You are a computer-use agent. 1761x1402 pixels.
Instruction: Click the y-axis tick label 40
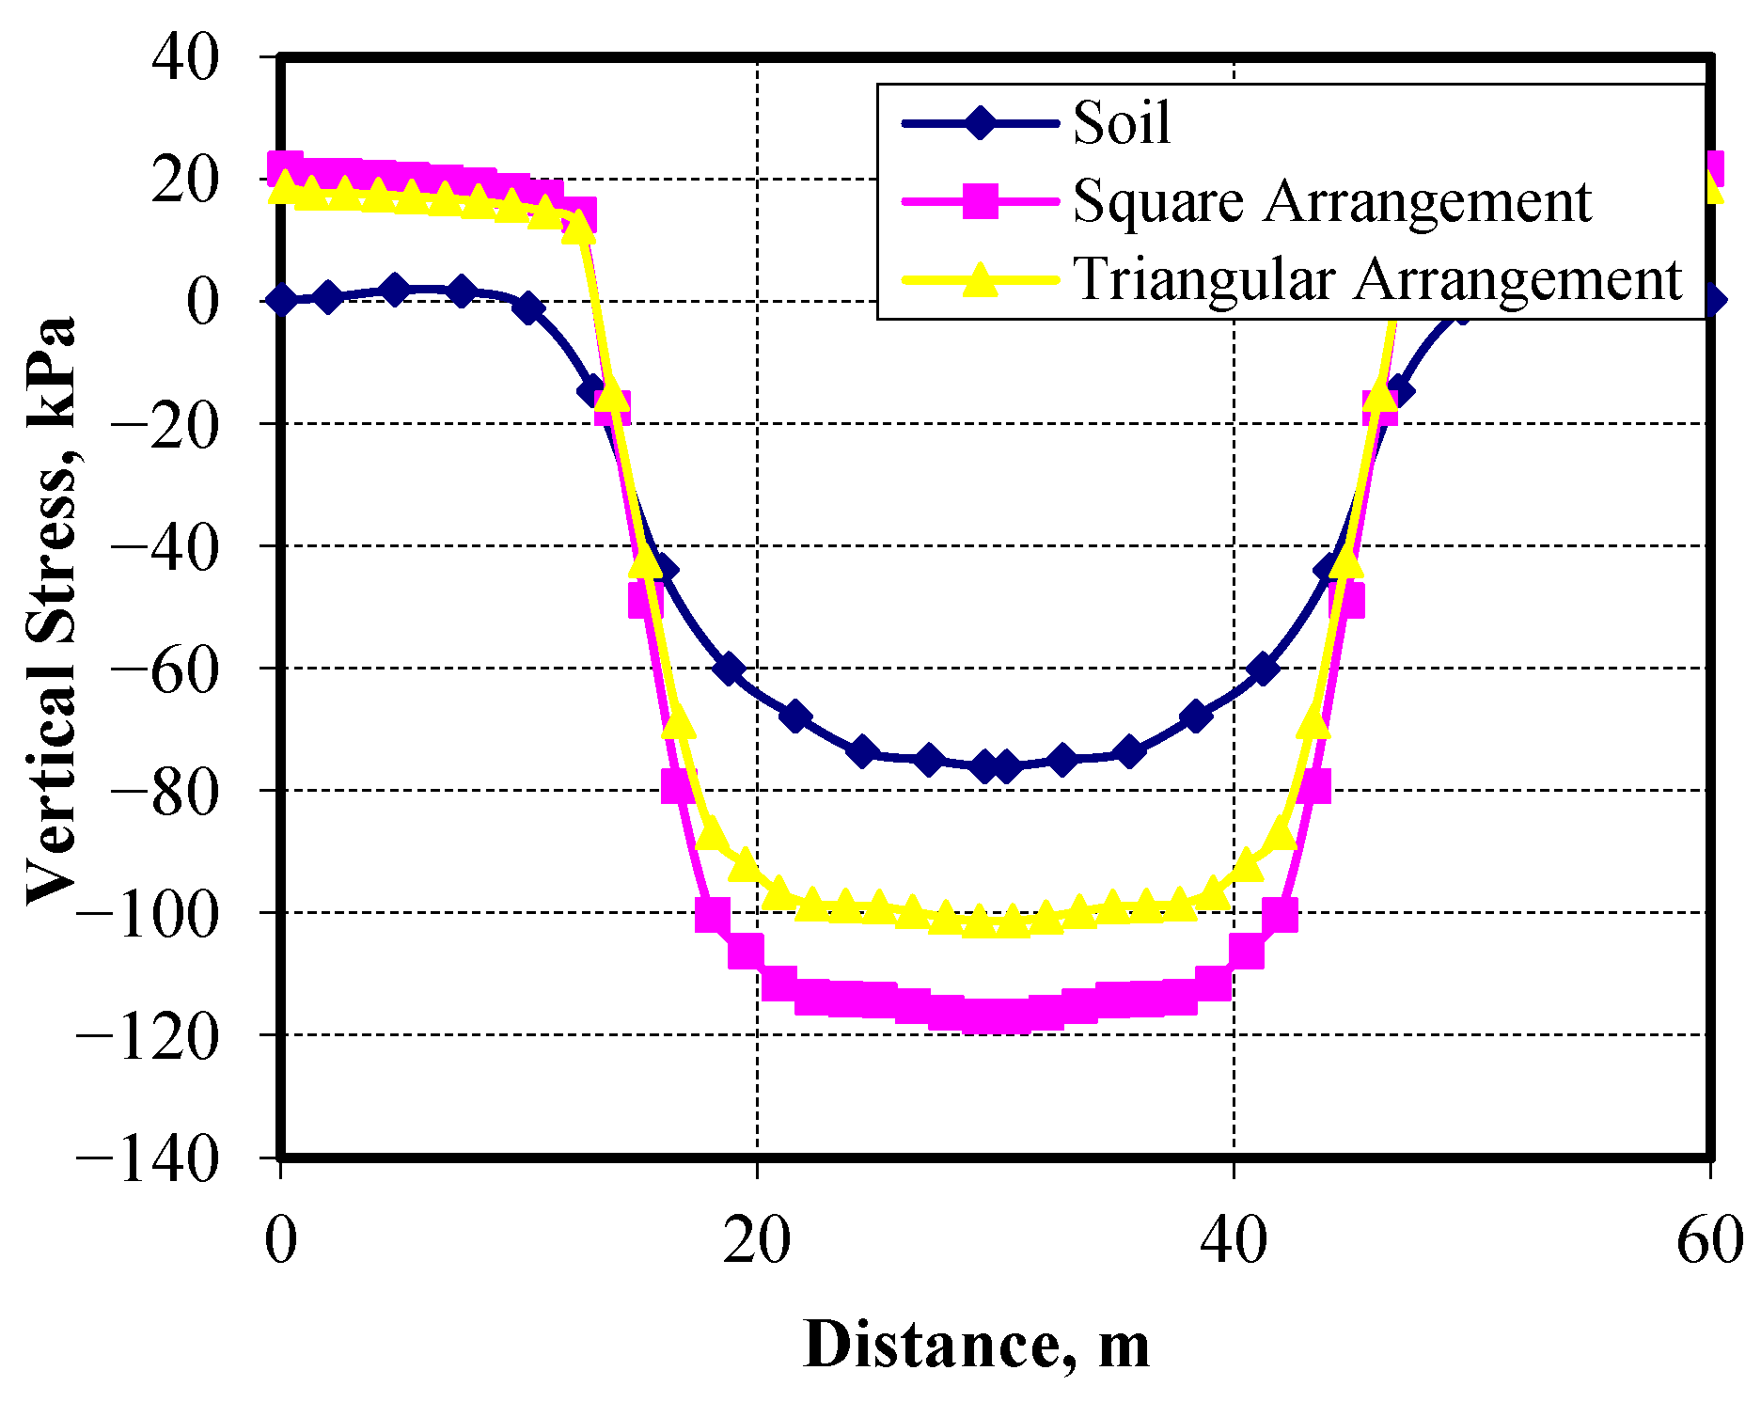[x=185, y=57]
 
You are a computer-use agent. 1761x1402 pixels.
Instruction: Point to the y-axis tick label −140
[x=148, y=1158]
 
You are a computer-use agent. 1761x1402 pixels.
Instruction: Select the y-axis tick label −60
[x=165, y=669]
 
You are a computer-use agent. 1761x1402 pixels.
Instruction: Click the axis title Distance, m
[x=976, y=1346]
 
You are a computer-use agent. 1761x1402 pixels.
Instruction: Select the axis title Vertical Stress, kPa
[x=52, y=611]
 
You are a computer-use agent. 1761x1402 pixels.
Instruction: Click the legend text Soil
[x=1122, y=123]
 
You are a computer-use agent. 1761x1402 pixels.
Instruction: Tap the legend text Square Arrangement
[x=1331, y=201]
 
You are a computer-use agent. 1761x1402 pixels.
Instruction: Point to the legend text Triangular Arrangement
[x=1376, y=279]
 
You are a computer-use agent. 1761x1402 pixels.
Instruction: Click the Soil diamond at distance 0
[x=281, y=300]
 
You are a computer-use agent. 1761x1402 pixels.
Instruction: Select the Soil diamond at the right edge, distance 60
[x=1712, y=300]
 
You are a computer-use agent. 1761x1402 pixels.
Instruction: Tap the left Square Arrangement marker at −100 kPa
[x=713, y=913]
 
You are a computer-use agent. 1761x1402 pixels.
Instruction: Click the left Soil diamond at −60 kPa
[x=729, y=669]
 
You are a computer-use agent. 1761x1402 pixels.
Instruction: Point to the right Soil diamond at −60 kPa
[x=1263, y=669]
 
